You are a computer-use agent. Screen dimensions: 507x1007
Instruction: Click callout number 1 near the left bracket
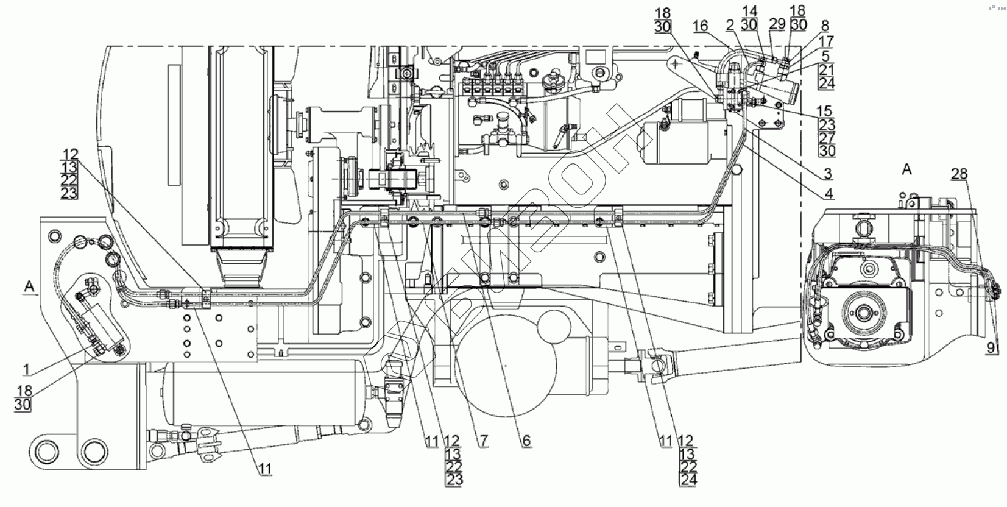(26, 369)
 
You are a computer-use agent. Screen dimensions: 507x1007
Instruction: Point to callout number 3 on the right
(827, 174)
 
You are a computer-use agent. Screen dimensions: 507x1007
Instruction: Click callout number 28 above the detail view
(959, 174)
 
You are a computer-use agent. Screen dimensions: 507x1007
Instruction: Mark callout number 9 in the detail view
(991, 348)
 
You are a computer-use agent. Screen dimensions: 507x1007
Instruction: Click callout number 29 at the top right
(777, 24)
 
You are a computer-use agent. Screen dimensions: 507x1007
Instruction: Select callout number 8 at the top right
(825, 26)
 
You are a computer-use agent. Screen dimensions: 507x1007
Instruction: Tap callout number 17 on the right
(827, 41)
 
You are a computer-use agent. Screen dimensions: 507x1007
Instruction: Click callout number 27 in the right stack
(827, 138)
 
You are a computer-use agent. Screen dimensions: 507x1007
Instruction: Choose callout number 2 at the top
(729, 25)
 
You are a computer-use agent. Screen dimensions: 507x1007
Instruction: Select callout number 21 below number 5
(827, 69)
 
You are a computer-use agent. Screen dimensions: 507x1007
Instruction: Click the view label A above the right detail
(906, 169)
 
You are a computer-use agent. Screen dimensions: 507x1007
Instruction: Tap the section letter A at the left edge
(28, 285)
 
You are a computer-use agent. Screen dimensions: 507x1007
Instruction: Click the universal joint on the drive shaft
(659, 366)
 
